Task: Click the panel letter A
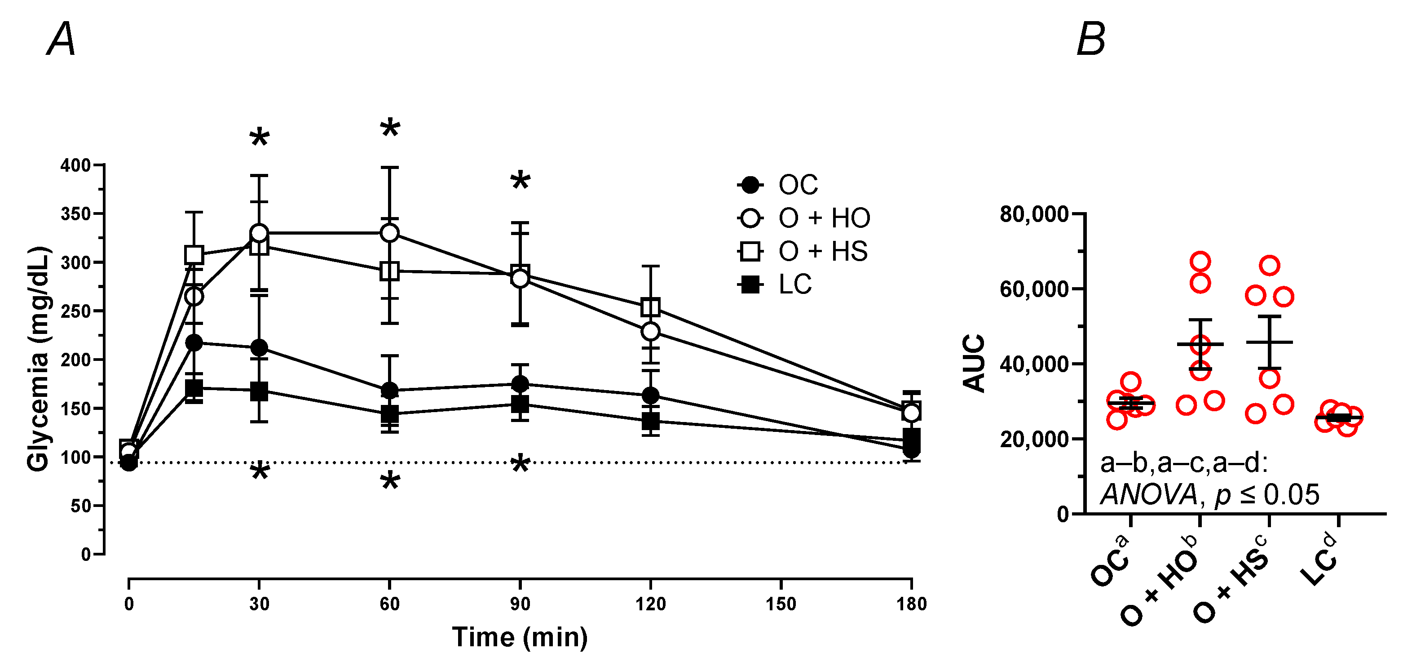coord(61,39)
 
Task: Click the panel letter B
coord(1091,39)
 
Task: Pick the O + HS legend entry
coord(822,252)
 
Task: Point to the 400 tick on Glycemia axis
coord(75,165)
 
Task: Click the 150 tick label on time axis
coord(781,604)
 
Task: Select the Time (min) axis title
coord(520,637)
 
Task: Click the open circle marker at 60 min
coord(389,233)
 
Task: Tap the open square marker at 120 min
coord(650,307)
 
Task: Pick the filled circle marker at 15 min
coord(194,343)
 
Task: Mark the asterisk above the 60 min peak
coord(390,129)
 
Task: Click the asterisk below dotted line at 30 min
coord(260,472)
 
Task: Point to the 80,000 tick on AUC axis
coord(1034,214)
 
